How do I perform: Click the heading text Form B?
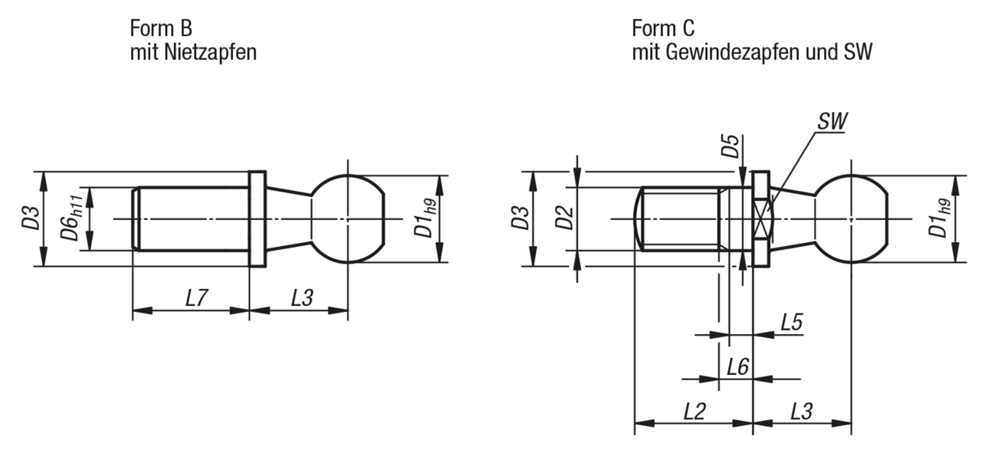[161, 29]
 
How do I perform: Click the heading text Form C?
[663, 29]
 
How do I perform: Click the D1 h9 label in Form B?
[424, 219]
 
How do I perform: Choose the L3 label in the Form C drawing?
[802, 410]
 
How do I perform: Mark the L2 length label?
[695, 410]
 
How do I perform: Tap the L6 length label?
[737, 366]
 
